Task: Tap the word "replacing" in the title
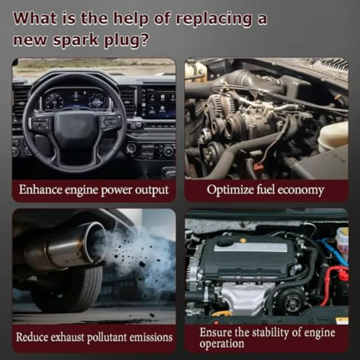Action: tap(214, 19)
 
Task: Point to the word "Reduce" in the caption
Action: tap(32, 337)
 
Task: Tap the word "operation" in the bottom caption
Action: tap(221, 344)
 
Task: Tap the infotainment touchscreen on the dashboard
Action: tap(159, 102)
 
